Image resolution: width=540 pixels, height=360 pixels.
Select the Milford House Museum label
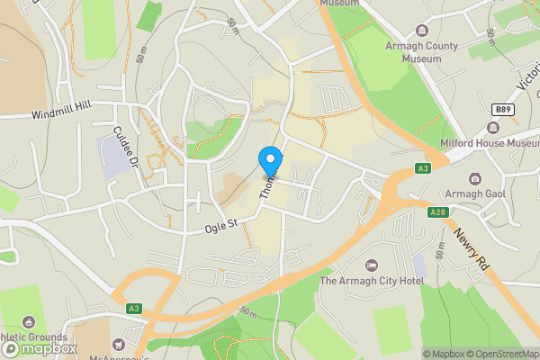click(x=490, y=143)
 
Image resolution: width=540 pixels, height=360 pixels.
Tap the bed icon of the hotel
click(x=371, y=265)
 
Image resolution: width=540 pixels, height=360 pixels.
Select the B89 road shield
click(x=504, y=109)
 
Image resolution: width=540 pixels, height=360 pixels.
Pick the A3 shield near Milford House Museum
click(x=423, y=167)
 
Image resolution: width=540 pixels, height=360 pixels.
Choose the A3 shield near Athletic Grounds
click(x=134, y=309)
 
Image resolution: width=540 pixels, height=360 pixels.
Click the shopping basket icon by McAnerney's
click(x=117, y=344)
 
